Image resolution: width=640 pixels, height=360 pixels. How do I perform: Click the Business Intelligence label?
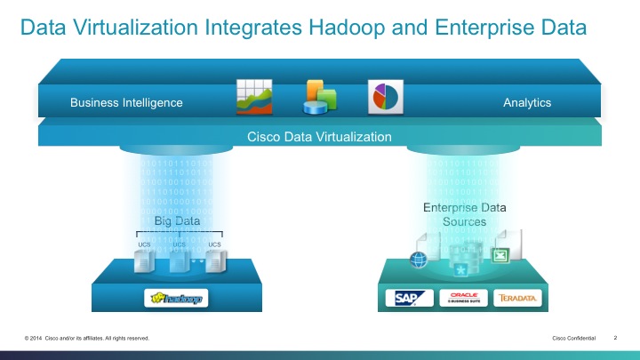click(126, 102)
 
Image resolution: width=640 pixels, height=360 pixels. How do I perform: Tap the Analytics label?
click(527, 102)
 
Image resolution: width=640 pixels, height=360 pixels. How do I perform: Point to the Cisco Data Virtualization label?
click(319, 136)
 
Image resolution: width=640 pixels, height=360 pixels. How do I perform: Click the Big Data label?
click(177, 220)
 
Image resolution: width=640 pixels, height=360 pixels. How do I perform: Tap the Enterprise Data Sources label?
click(465, 214)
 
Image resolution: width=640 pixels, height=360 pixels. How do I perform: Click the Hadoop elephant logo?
click(178, 298)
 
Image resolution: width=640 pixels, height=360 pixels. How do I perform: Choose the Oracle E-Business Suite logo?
click(464, 298)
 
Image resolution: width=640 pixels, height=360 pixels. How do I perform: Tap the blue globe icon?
click(419, 260)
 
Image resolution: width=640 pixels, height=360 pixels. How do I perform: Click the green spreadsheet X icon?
click(501, 255)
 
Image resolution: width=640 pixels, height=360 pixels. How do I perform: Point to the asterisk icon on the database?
click(461, 269)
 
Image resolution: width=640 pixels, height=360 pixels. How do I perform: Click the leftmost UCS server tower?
click(143, 260)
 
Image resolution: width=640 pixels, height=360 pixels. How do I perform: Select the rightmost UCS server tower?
click(214, 260)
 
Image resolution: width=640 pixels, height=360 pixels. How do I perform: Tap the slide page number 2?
click(615, 339)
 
